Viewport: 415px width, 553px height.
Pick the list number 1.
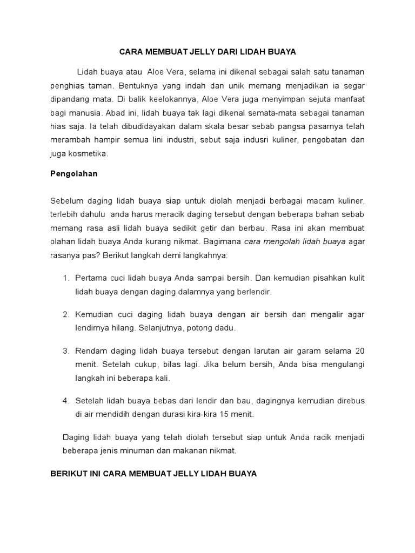[66, 278]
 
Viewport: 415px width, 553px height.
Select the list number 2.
[66, 314]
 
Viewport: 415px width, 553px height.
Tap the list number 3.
[66, 351]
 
